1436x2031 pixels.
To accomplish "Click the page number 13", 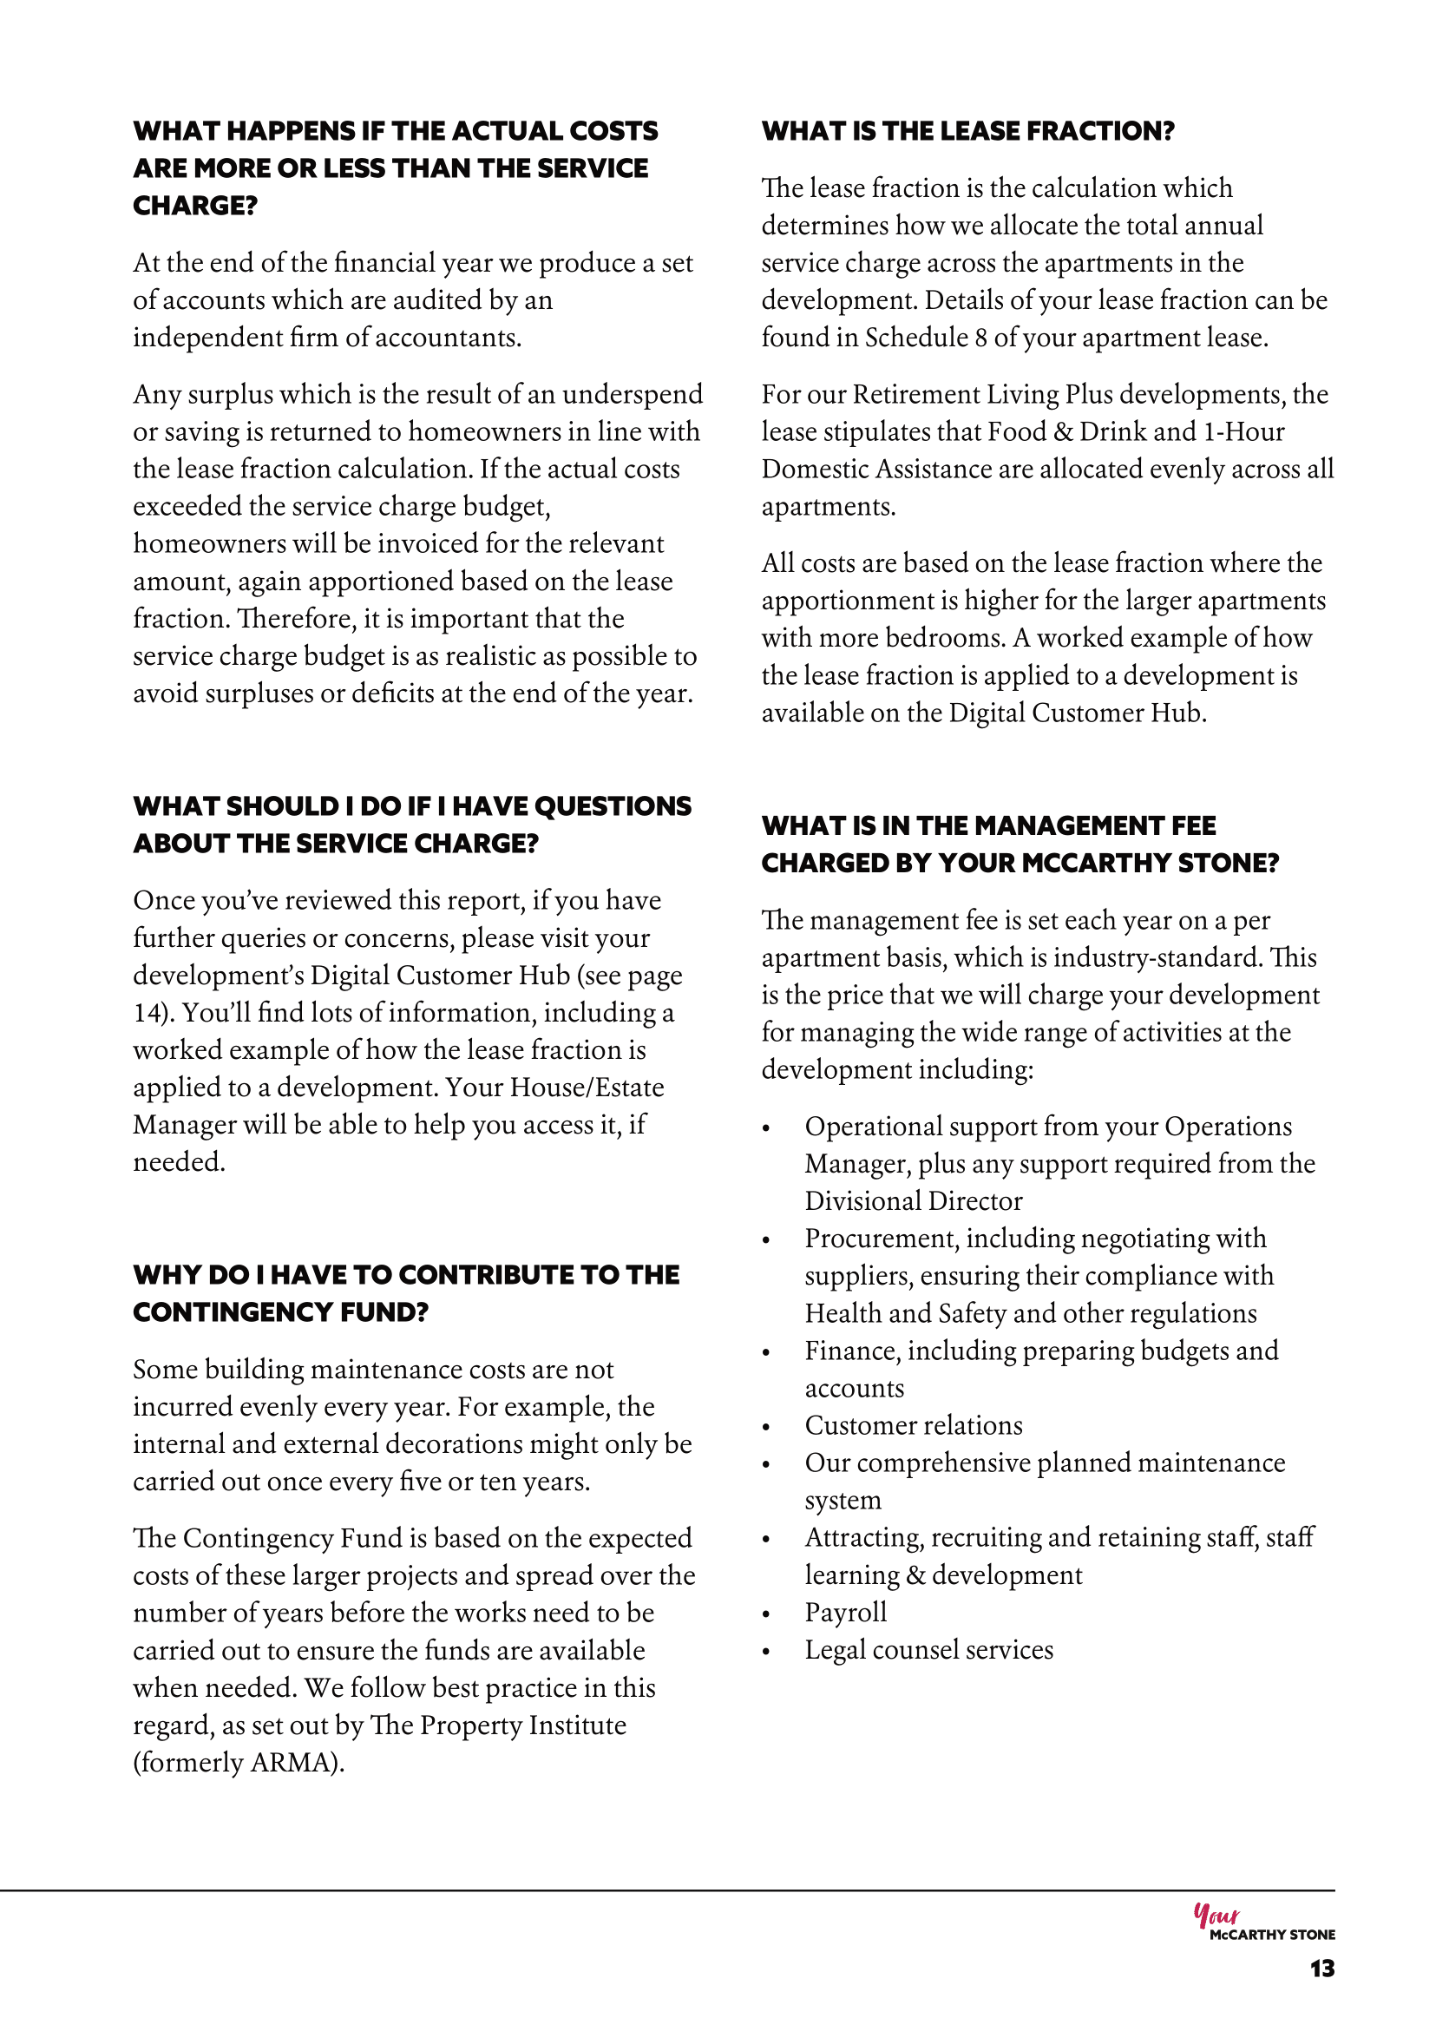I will click(1322, 1969).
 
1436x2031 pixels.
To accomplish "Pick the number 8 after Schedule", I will click(980, 338).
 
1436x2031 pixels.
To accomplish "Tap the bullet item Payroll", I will click(845, 1613).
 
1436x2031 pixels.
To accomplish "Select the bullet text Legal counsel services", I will click(928, 1650).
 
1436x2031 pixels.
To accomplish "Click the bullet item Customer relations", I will click(914, 1426).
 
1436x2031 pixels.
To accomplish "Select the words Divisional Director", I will click(914, 1201).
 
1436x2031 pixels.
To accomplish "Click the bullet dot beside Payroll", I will click(767, 1614).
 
